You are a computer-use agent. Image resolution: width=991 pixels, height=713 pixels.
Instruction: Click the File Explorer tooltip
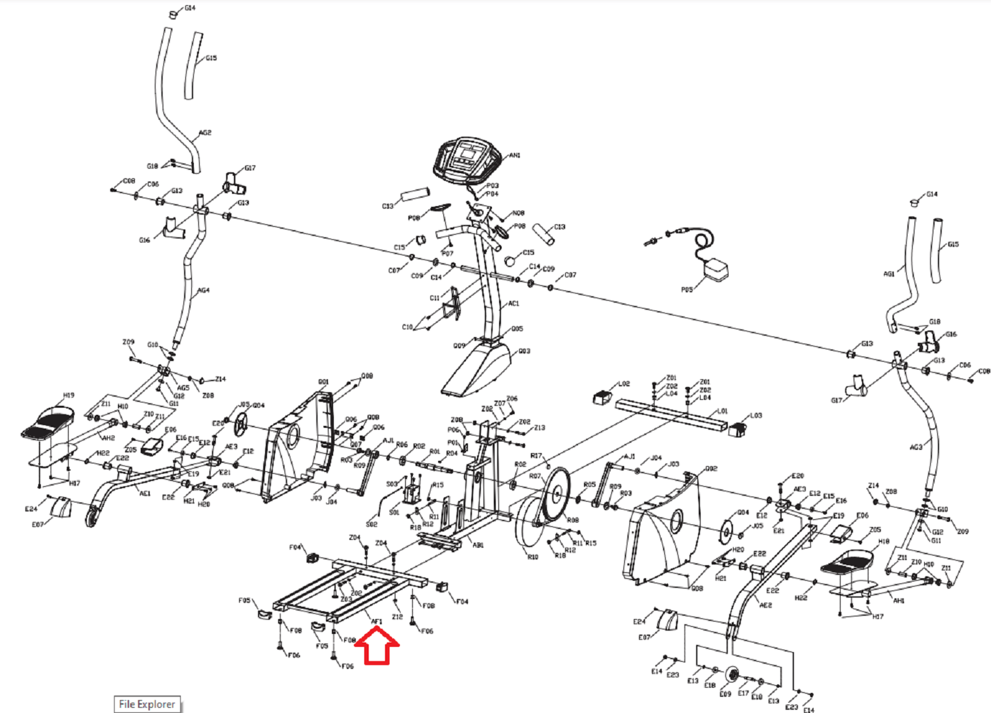point(147,704)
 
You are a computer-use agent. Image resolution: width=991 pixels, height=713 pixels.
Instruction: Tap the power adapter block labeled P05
point(716,269)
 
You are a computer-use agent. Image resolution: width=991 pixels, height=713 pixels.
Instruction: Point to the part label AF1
point(377,622)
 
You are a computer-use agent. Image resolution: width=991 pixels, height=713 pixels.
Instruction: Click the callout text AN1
point(515,156)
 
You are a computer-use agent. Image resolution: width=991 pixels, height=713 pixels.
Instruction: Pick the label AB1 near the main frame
point(478,545)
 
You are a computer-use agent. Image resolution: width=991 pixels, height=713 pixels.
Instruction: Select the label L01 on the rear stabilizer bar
point(722,411)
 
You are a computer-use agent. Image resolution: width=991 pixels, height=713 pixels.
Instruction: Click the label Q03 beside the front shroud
point(524,351)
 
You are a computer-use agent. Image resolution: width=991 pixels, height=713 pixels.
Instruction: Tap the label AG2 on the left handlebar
point(205,133)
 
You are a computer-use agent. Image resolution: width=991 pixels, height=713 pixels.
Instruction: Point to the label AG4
point(204,290)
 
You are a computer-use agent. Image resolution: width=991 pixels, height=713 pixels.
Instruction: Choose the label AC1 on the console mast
point(513,303)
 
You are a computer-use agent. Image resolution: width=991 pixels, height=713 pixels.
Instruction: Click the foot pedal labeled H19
point(49,421)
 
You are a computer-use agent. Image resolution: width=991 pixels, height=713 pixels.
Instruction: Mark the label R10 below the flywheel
point(532,557)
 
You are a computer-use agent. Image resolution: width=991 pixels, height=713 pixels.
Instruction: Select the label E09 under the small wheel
point(725,694)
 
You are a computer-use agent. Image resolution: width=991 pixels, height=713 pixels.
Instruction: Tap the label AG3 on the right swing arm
point(915,447)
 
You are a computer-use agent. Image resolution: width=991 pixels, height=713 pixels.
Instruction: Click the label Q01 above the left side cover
point(323,382)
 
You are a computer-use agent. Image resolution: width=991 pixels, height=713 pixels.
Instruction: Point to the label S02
point(371,524)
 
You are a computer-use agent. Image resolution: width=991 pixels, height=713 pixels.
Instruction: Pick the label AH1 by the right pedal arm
point(898,601)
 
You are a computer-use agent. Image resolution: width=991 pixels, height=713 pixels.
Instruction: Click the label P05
point(687,290)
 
